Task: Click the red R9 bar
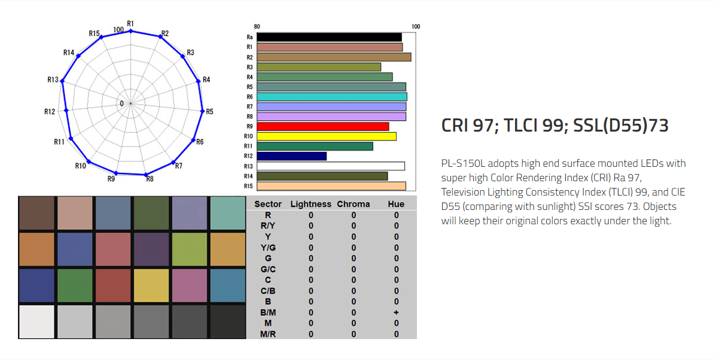(323, 126)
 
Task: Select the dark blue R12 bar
(292, 156)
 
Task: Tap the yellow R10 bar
(327, 136)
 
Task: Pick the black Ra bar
(329, 38)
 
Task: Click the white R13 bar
(331, 166)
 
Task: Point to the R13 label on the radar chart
(53, 80)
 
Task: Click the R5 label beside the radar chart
(209, 111)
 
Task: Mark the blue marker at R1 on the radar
(131, 31)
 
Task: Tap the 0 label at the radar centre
(121, 104)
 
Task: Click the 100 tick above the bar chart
(416, 26)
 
